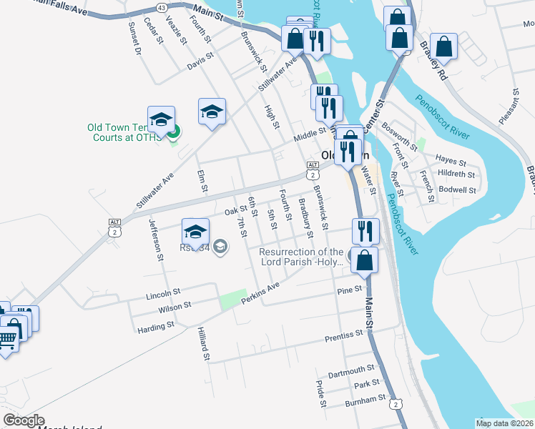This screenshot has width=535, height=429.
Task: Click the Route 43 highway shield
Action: (x=161, y=7)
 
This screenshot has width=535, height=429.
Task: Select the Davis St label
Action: (x=200, y=61)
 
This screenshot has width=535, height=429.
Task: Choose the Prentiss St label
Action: (x=344, y=336)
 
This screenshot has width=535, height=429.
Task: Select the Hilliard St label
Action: (x=205, y=344)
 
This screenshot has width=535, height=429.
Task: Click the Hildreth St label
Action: (x=456, y=174)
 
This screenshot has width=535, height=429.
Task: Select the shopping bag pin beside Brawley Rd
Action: (x=444, y=46)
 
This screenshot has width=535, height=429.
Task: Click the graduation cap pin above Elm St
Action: (x=212, y=112)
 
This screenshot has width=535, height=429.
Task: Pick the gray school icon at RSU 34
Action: (x=222, y=247)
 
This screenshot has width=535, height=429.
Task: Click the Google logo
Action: (x=24, y=420)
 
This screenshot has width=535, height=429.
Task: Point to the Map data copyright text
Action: (x=505, y=423)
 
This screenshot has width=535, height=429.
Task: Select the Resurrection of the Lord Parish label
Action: (x=301, y=257)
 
